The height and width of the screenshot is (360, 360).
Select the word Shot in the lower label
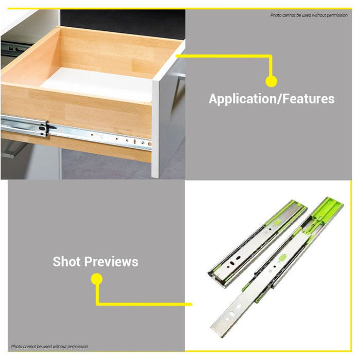[x=66, y=262]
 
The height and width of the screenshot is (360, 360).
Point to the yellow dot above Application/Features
[x=271, y=81]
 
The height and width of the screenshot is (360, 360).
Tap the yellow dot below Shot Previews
[x=97, y=279]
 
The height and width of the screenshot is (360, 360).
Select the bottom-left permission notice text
[x=50, y=347]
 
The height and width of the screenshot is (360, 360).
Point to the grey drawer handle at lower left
[x=13, y=149]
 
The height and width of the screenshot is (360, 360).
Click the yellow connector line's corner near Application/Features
[x=271, y=56]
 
